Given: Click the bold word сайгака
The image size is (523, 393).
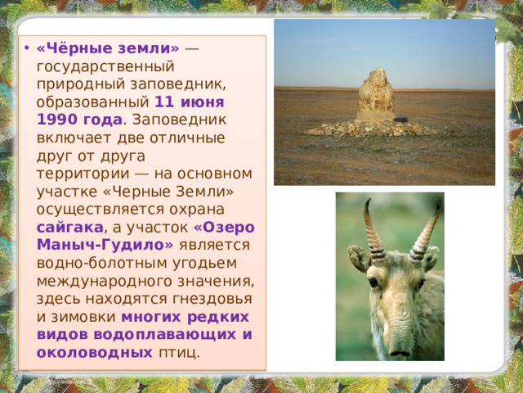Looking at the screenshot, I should tap(69, 227).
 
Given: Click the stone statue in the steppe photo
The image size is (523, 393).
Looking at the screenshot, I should tap(376, 93).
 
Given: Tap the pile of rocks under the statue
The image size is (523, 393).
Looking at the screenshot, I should tap(376, 128).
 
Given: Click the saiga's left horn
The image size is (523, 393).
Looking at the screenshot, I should tap(372, 228).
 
